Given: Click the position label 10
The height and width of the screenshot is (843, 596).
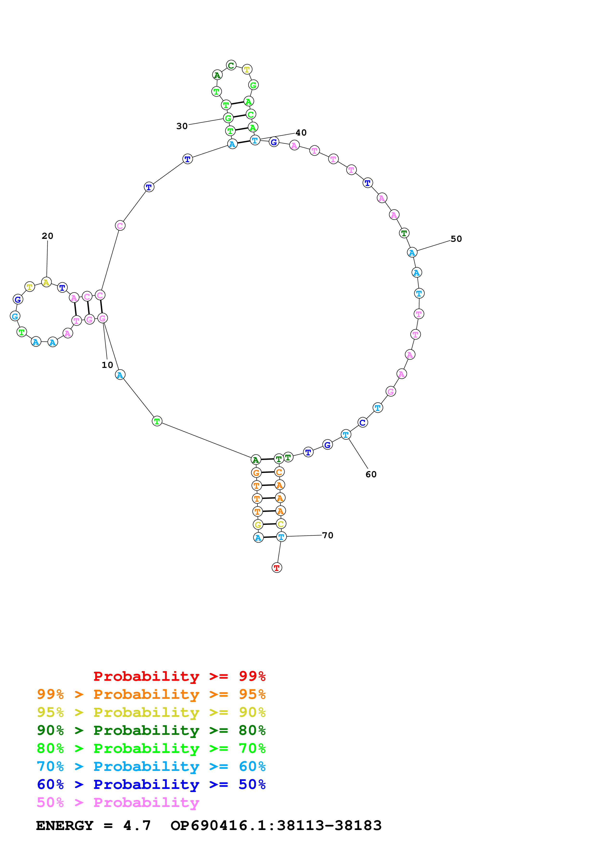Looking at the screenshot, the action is click(107, 365).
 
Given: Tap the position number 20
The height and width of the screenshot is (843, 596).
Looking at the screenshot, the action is click(47, 236).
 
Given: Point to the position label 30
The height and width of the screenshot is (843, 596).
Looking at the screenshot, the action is click(182, 126).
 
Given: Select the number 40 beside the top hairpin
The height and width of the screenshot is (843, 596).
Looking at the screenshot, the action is click(301, 133).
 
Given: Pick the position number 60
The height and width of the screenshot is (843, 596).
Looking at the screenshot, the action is click(371, 474).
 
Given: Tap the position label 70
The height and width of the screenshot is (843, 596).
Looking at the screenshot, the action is click(327, 535).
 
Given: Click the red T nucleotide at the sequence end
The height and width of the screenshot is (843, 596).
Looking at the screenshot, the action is click(277, 568).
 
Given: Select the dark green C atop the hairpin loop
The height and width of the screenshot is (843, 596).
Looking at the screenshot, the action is click(231, 65).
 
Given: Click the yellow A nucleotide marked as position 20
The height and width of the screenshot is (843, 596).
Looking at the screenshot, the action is click(46, 282).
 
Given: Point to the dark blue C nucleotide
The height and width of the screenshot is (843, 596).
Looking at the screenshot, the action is click(363, 423).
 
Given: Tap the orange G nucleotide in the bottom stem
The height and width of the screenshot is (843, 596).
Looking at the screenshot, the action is click(256, 473).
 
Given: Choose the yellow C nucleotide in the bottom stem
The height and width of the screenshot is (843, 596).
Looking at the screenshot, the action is click(281, 524).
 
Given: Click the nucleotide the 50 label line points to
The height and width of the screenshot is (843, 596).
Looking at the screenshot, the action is click(412, 253).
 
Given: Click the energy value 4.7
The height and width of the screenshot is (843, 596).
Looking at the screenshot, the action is click(137, 825).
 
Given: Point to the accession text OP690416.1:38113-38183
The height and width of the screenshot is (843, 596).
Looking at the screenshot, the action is click(276, 825).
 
